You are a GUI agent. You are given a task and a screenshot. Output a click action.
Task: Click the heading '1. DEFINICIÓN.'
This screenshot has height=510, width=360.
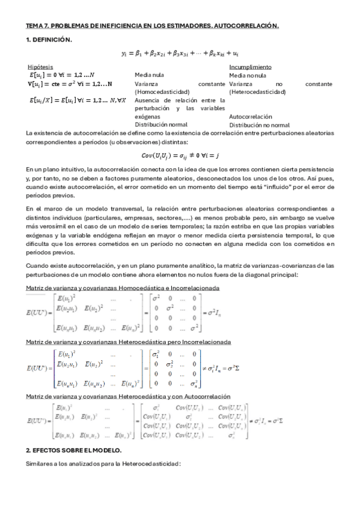click(49, 40)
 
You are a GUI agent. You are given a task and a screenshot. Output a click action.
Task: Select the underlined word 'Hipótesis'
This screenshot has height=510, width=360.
click(40, 66)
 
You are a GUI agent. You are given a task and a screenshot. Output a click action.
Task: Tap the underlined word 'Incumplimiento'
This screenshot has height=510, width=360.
click(250, 66)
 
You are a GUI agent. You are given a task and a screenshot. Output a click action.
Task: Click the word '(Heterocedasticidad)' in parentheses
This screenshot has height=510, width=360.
click(257, 92)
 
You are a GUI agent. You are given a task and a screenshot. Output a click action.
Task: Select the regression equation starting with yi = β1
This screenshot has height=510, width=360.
click(180, 54)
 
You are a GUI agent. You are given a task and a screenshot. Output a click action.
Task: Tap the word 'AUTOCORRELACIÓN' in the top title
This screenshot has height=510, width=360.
click(248, 26)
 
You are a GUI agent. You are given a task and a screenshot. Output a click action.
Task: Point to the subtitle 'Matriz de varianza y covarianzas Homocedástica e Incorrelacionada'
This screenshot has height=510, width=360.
click(122, 288)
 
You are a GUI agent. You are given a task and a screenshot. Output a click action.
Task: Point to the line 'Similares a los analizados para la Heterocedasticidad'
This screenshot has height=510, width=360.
click(103, 464)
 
